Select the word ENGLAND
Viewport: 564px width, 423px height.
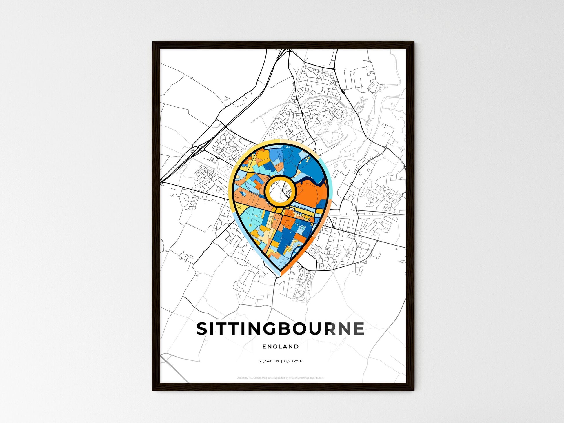tap(280, 346)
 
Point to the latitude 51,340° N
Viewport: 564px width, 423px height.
tap(269, 361)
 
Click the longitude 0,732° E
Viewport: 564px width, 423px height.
tap(293, 361)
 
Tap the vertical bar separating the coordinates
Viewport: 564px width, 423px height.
tap(281, 361)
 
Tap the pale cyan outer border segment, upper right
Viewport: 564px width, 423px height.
tap(328, 174)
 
